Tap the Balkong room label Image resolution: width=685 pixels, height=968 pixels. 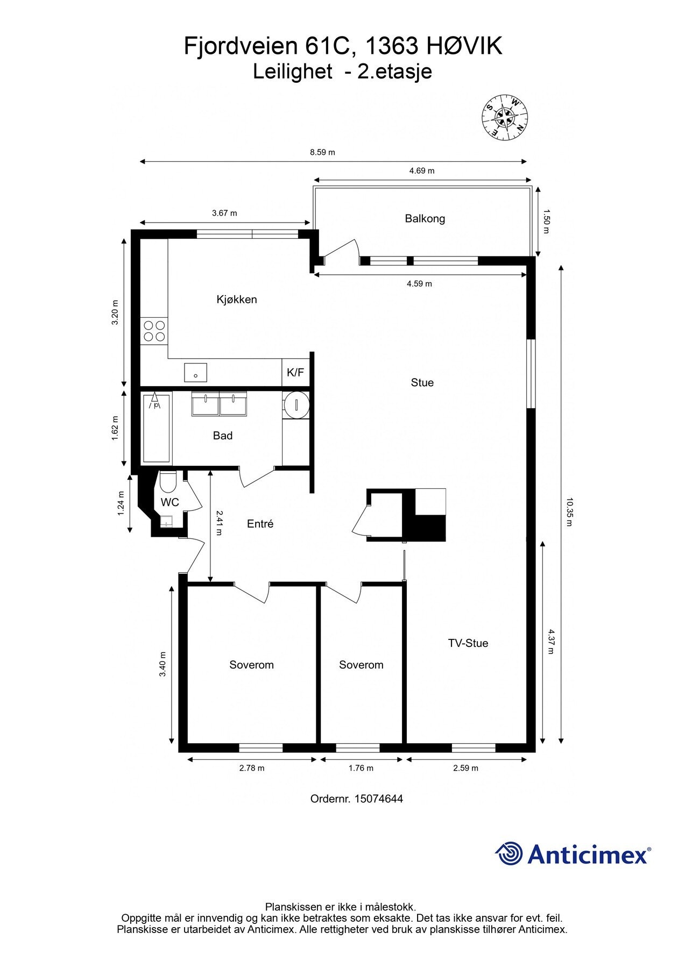[x=425, y=219]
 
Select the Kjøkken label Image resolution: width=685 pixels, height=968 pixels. [x=237, y=300]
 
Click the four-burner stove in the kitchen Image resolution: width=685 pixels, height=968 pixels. [x=154, y=331]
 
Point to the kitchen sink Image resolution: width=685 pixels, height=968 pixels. [x=195, y=372]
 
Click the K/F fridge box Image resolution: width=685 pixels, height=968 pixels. [x=295, y=372]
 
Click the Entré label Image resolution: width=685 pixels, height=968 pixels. [x=260, y=524]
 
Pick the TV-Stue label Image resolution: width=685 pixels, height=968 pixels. [x=468, y=643]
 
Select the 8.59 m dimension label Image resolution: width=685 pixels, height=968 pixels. [x=322, y=152]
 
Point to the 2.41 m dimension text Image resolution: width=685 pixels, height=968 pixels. [x=219, y=523]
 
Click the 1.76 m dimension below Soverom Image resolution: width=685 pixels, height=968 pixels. [x=361, y=768]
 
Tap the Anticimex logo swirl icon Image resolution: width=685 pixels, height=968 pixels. [x=509, y=853]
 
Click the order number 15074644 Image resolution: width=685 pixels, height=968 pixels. [x=378, y=799]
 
